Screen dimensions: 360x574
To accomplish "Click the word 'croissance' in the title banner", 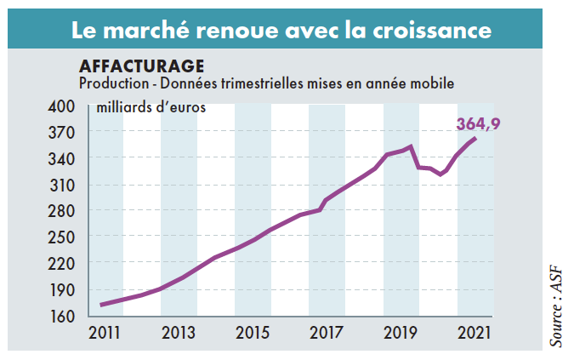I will tap(431, 31).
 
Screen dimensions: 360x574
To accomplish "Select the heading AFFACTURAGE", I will tap(141, 66).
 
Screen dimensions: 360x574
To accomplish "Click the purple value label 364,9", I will tap(477, 123).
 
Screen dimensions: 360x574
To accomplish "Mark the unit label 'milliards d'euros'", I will tap(151, 107).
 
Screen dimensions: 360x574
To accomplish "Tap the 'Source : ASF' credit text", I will tap(556, 303).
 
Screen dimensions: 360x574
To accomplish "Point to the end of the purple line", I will tap(475, 138).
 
